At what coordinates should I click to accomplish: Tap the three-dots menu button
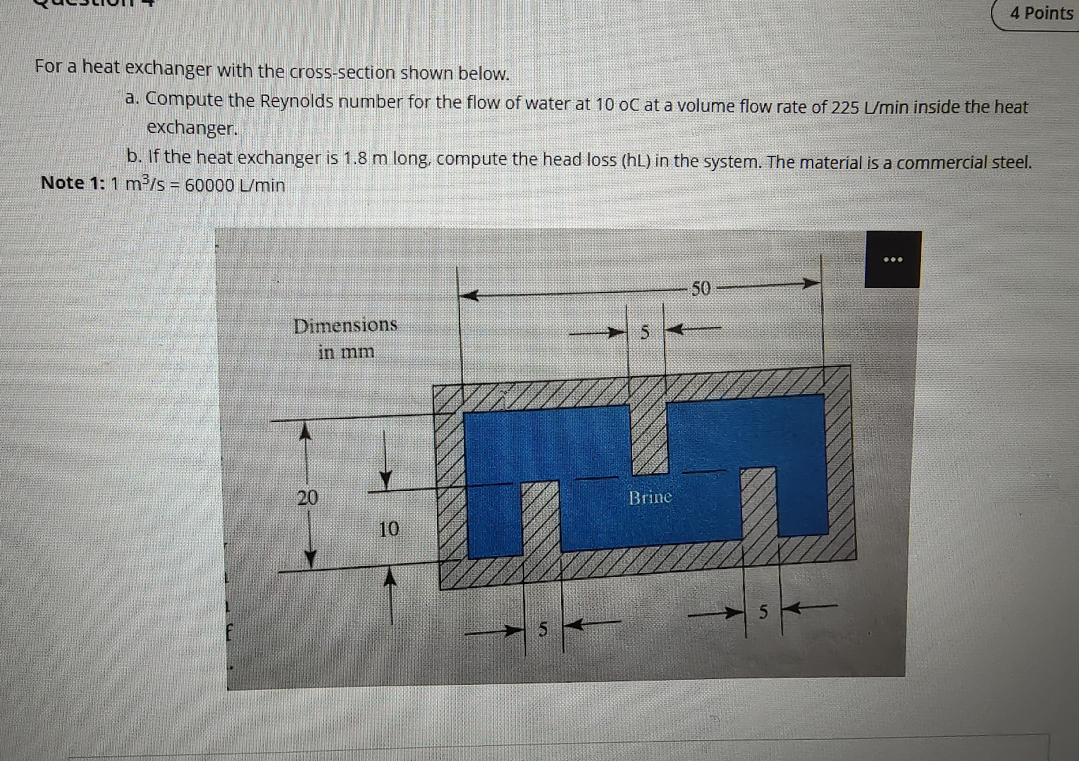click(893, 259)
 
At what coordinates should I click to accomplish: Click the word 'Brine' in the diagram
click(650, 497)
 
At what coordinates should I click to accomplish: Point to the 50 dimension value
click(702, 287)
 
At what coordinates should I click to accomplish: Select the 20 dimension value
click(307, 498)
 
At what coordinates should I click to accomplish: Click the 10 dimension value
click(388, 528)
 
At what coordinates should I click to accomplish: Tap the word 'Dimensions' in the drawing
click(345, 326)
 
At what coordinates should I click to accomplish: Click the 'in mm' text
click(346, 352)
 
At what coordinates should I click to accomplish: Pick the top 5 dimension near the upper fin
click(643, 332)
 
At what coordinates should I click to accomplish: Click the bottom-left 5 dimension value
click(543, 629)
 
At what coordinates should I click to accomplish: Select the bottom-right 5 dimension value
click(763, 612)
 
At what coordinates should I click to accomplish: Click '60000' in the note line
click(209, 185)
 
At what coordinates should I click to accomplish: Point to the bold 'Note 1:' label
click(73, 183)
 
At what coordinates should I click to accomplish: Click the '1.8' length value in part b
click(354, 158)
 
